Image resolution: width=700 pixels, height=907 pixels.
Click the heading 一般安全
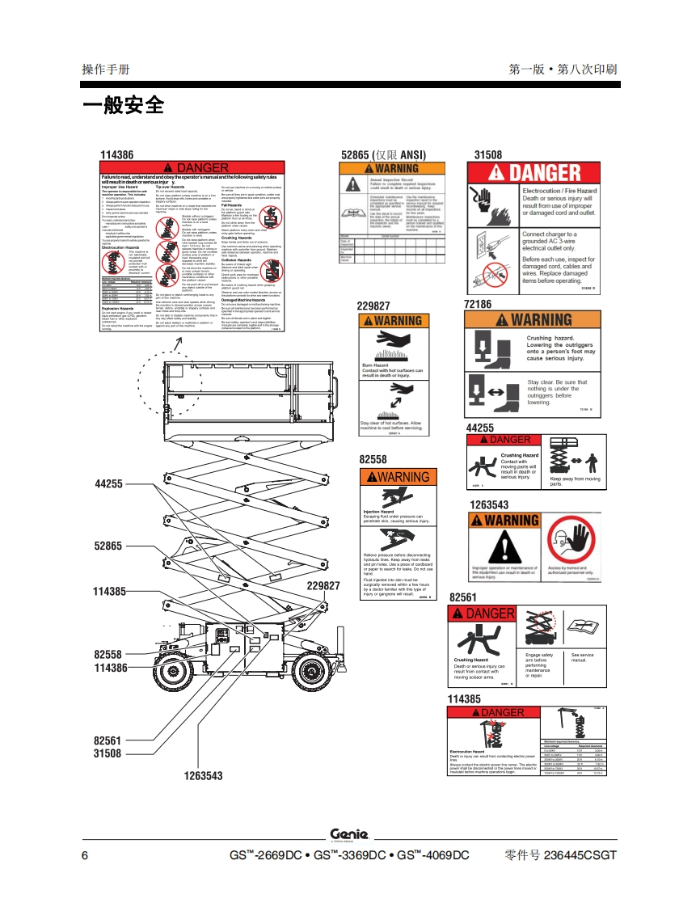point(123,105)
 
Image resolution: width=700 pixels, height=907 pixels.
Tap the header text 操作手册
point(106,70)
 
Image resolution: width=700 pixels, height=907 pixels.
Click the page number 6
point(85,855)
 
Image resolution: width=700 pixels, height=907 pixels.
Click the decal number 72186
point(478,304)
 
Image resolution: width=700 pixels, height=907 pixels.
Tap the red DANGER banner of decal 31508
point(533,172)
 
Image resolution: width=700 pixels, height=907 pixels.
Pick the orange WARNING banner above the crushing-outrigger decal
point(533,320)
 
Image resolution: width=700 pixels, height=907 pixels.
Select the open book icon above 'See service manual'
point(582,625)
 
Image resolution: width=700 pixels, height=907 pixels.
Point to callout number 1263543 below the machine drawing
point(203,775)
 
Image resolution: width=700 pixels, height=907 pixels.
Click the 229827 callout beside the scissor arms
point(323,585)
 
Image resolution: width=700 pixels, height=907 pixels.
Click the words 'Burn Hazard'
point(377,365)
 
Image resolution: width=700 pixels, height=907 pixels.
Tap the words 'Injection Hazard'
point(378,513)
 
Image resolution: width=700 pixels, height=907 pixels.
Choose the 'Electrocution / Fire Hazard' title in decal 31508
point(559,191)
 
